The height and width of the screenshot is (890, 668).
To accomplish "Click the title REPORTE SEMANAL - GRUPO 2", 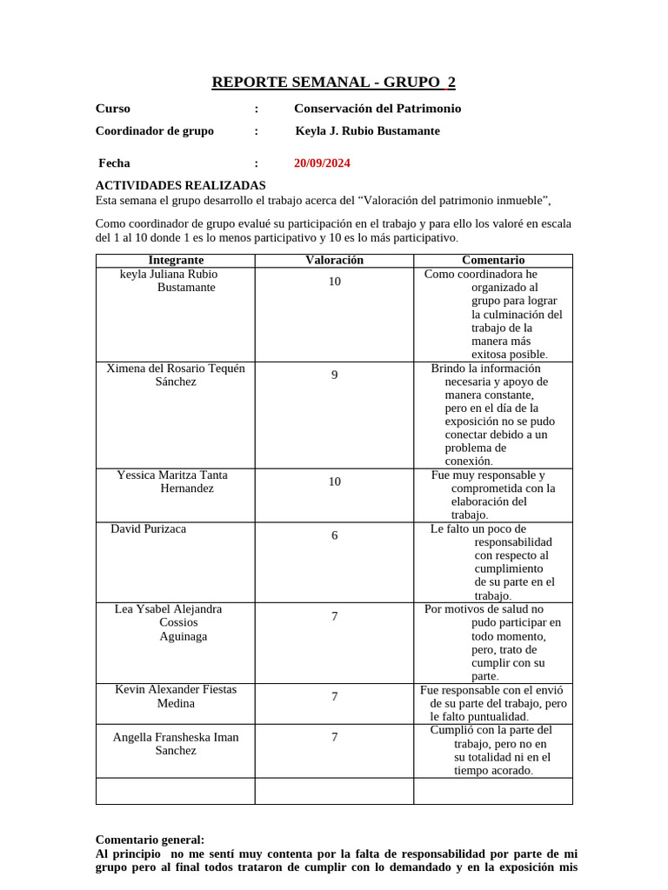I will click(333, 83).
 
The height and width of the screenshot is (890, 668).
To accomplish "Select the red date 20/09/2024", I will click(322, 163).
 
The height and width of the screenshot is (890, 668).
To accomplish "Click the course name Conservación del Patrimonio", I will click(377, 109).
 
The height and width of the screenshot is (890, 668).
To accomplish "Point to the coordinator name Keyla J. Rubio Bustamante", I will click(367, 131).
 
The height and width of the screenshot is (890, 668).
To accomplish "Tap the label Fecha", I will click(114, 163).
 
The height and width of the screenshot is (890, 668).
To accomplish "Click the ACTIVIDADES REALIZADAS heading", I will click(180, 185).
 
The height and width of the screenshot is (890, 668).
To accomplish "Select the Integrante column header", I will click(176, 260).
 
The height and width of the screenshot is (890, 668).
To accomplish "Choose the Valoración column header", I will click(334, 260).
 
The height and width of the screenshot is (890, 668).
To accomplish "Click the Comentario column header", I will click(492, 260).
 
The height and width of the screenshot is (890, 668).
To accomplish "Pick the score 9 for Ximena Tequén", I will click(334, 375).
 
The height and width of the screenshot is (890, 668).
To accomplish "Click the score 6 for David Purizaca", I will click(334, 535).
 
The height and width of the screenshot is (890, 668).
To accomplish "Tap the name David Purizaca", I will click(148, 528).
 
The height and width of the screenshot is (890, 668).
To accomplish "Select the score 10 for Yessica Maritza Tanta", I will click(334, 482).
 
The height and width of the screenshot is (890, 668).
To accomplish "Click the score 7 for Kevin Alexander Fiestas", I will click(334, 696).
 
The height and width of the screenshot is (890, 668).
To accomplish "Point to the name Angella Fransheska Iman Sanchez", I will click(176, 743).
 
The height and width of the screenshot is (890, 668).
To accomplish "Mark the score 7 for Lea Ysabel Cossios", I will click(334, 616).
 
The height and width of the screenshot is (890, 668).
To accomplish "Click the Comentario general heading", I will click(150, 840).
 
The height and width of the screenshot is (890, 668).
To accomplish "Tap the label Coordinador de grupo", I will click(154, 131).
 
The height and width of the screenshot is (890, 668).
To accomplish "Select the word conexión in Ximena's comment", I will click(469, 462).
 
